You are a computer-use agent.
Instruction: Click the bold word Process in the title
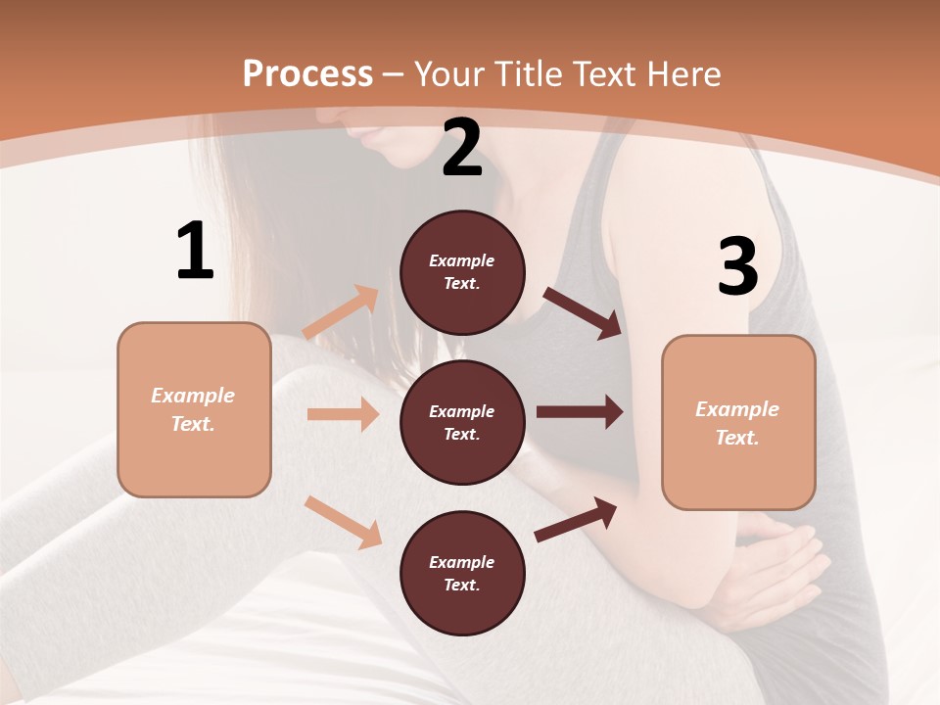[x=307, y=74]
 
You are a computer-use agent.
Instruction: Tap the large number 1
[x=195, y=252]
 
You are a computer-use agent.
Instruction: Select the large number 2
[x=462, y=148]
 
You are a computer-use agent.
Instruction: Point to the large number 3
[x=737, y=267]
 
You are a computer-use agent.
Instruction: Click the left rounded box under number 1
[x=194, y=409]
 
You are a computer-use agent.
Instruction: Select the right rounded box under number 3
[x=738, y=422]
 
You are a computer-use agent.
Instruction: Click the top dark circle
[x=462, y=272]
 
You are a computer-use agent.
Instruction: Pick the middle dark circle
[x=462, y=422]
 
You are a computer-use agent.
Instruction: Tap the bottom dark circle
[x=462, y=573]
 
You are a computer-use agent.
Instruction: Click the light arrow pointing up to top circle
[x=342, y=312]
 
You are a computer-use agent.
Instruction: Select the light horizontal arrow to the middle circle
[x=343, y=414]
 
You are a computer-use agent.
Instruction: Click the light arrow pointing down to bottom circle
[x=344, y=522]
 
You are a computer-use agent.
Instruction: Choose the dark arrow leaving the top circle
[x=584, y=312]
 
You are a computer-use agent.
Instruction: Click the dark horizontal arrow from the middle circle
[x=580, y=412]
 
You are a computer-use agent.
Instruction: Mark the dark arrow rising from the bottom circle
[x=577, y=519]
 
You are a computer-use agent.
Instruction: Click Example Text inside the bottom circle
[x=462, y=573]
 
